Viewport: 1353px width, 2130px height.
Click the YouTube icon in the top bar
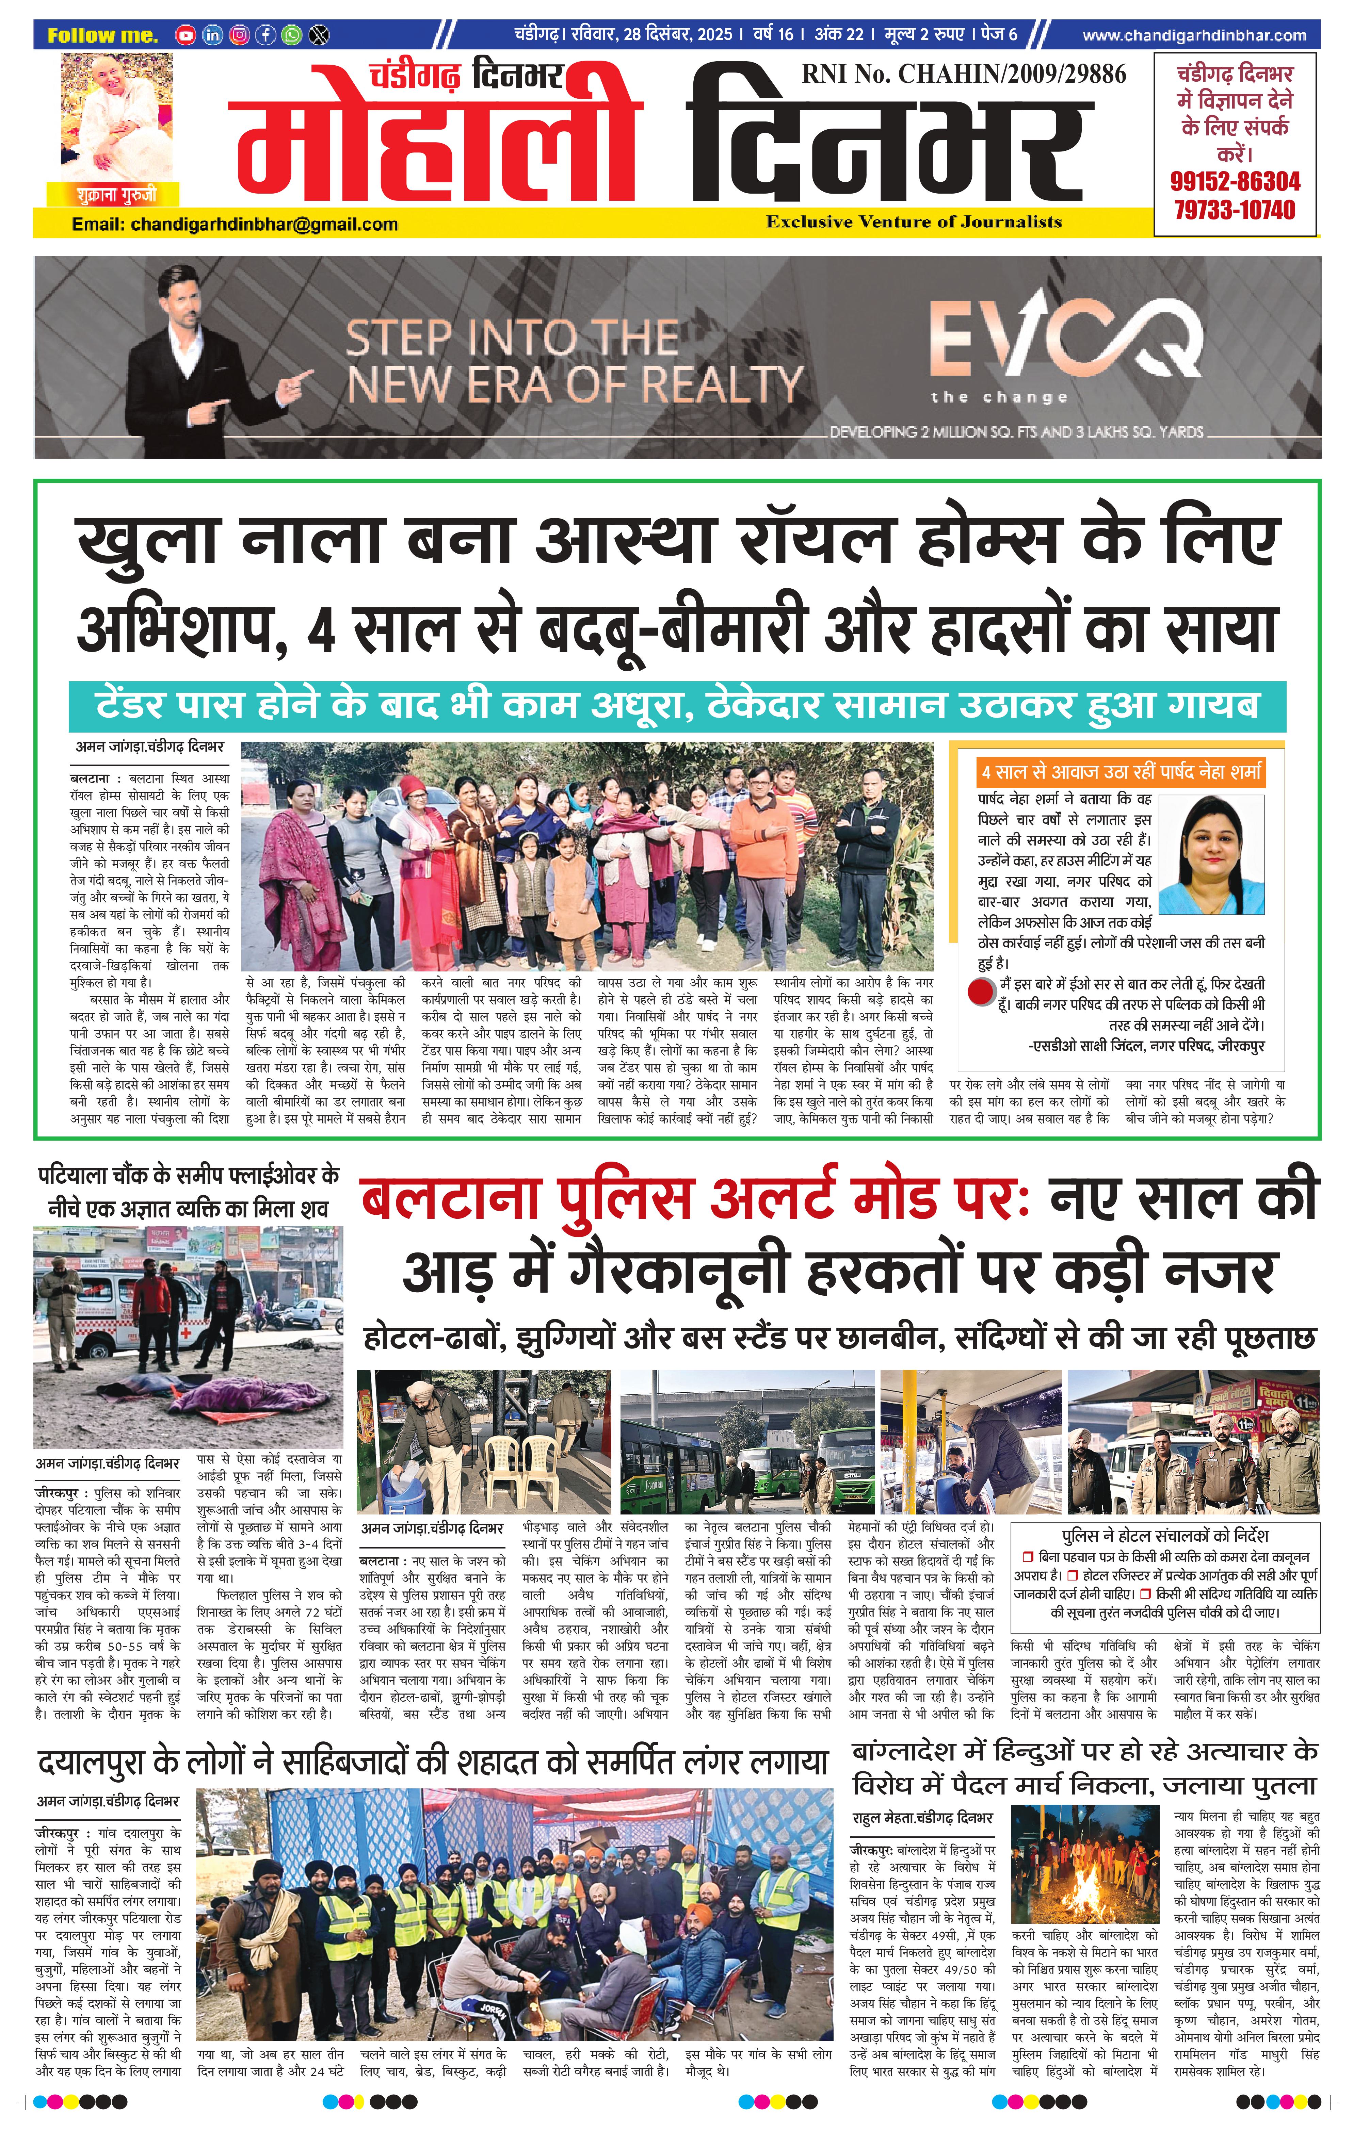click(185, 35)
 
